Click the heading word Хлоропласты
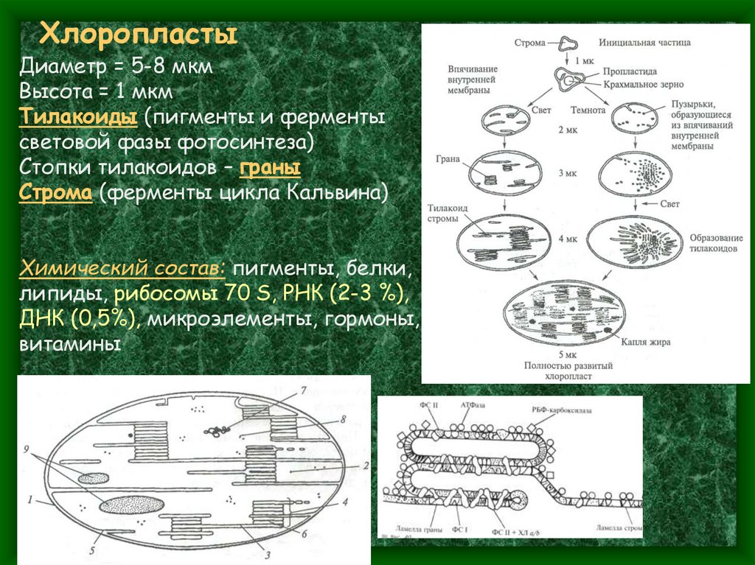138,34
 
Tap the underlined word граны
270,168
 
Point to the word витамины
70,344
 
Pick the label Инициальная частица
644,43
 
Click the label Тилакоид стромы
448,214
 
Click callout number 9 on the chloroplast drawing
27,448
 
